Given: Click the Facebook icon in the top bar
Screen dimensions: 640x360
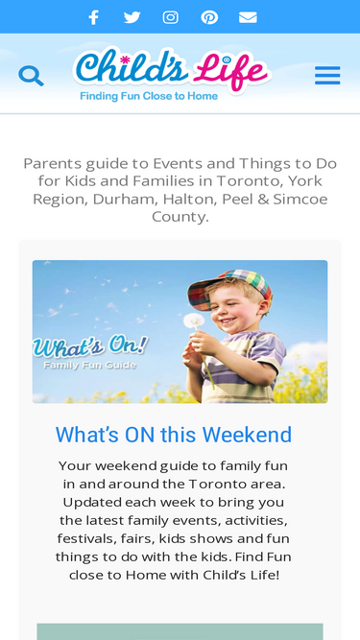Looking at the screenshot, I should click(93, 16).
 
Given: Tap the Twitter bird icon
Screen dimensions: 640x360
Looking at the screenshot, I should click(132, 16).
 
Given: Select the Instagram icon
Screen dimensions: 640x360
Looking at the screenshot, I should click(171, 16).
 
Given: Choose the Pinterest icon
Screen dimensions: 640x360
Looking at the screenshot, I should click(209, 16).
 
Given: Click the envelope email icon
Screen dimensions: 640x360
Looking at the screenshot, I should click(248, 16).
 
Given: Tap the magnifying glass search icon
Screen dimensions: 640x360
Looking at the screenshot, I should click(31, 75).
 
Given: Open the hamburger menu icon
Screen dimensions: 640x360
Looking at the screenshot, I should click(327, 75).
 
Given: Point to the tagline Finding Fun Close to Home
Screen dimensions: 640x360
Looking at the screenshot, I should click(149, 96).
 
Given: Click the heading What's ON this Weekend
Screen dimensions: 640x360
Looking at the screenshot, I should click(174, 435).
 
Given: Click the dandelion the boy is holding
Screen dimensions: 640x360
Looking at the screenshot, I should click(194, 321).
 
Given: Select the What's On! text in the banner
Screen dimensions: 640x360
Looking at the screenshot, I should click(90, 345).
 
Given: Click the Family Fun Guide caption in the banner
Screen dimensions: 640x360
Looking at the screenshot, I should click(89, 365).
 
